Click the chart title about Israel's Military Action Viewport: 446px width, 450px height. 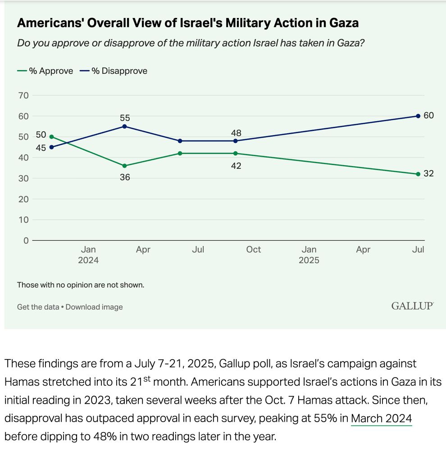click(x=187, y=23)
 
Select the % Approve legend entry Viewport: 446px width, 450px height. click(x=45, y=71)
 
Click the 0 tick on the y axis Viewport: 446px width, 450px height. click(x=26, y=240)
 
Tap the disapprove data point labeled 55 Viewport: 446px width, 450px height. click(x=125, y=126)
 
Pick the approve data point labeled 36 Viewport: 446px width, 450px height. click(x=125, y=166)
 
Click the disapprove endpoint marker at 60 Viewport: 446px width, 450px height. click(x=418, y=116)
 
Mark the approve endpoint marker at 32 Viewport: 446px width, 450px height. click(x=418, y=174)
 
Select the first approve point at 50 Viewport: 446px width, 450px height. click(x=52, y=137)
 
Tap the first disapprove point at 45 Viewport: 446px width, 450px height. click(x=52, y=147)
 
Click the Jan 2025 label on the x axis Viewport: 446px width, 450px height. click(x=309, y=255)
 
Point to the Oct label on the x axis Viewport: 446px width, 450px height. click(x=253, y=249)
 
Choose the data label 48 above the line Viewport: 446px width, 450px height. click(x=236, y=133)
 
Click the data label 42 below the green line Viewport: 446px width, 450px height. click(x=236, y=166)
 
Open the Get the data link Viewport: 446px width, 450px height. click(x=38, y=307)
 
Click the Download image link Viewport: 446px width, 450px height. click(x=94, y=307)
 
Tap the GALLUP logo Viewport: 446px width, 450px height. click(x=412, y=306)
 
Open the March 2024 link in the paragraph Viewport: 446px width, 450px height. click(x=381, y=419)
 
